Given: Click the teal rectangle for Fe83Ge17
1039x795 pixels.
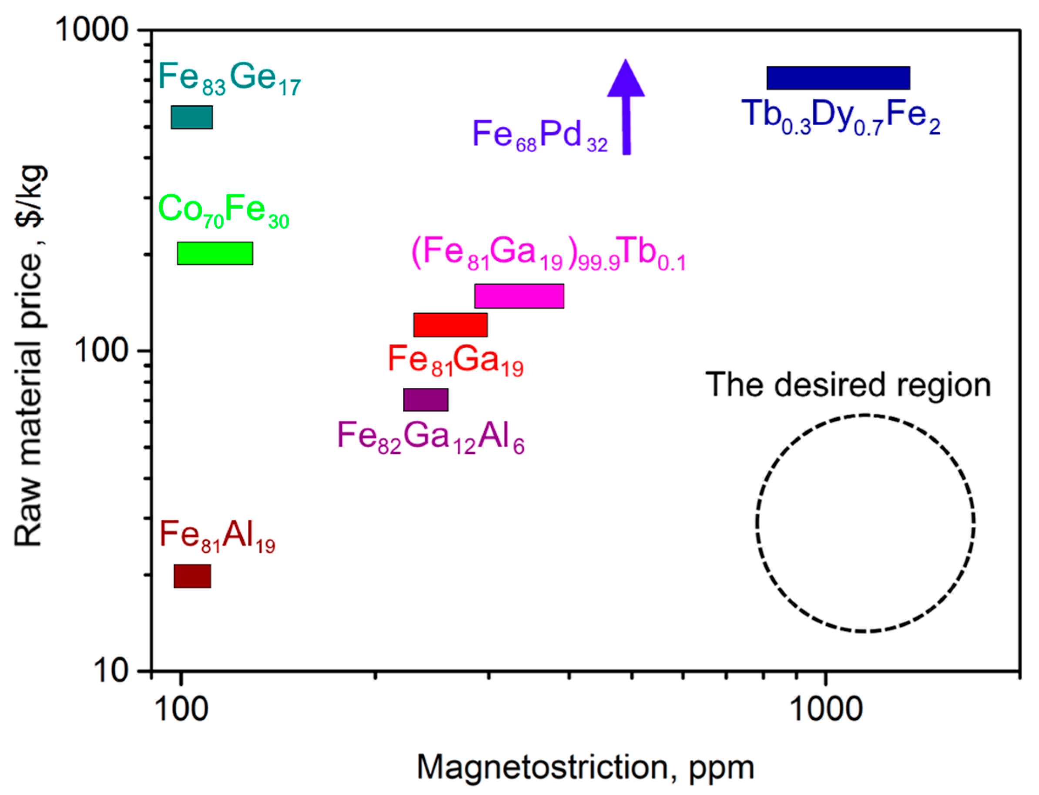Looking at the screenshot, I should (192, 117).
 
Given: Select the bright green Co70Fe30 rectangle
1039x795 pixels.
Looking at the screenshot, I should (215, 253).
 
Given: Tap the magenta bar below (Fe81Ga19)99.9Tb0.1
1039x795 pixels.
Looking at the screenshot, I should (519, 296).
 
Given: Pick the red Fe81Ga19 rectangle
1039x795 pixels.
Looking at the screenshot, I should (450, 325).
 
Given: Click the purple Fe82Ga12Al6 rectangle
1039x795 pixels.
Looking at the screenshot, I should (426, 400).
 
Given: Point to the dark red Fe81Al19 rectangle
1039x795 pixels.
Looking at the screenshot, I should (192, 576).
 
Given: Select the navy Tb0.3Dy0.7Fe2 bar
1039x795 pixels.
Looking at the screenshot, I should (838, 78).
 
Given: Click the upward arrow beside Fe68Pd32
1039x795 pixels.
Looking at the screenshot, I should (626, 109).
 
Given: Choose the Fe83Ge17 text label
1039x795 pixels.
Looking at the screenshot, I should (230, 79).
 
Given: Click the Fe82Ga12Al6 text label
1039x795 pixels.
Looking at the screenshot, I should (431, 438).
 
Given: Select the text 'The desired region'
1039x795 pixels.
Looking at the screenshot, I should (848, 385).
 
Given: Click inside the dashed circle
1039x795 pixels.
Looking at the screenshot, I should (865, 523).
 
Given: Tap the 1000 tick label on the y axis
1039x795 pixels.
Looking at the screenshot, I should (92, 29).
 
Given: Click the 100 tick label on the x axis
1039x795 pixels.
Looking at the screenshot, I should (181, 709).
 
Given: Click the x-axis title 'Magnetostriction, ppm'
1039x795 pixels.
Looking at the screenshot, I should (585, 767).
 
